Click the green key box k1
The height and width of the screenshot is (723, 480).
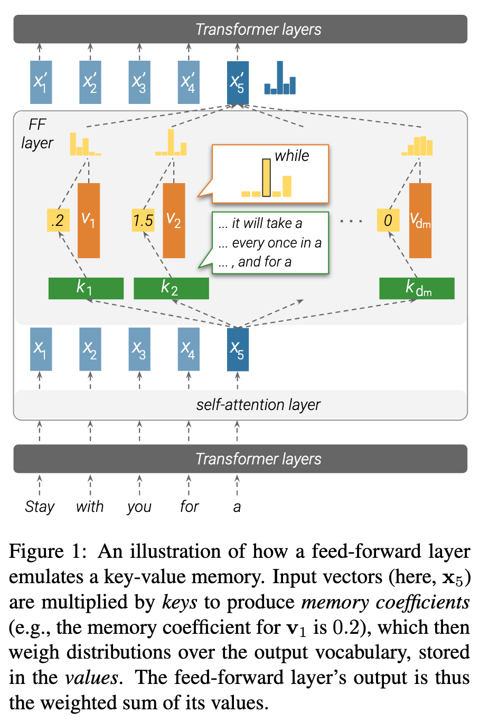pos(86,288)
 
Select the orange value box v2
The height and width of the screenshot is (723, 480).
pos(174,220)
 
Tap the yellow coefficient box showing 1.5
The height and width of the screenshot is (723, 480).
pos(143,220)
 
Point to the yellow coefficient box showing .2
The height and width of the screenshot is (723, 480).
pos(58,220)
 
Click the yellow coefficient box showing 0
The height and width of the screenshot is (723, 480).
pos(388,220)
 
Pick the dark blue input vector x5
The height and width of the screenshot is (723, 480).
pos(238,349)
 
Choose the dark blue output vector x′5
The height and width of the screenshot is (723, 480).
pos(238,82)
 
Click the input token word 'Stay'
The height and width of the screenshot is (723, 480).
pos(40,507)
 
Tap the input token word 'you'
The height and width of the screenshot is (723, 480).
pos(139,507)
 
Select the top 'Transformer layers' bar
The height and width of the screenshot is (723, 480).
pos(240,29)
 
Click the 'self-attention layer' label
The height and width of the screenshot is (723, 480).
pos(258,405)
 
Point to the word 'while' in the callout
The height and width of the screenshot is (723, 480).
pos(292,156)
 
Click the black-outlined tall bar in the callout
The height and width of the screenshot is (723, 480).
pos(267,178)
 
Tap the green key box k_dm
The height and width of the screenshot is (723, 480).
pos(417,288)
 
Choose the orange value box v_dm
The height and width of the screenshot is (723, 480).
pos(420,220)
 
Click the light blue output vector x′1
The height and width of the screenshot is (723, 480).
pos(41,82)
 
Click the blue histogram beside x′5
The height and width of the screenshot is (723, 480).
pos(280,79)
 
